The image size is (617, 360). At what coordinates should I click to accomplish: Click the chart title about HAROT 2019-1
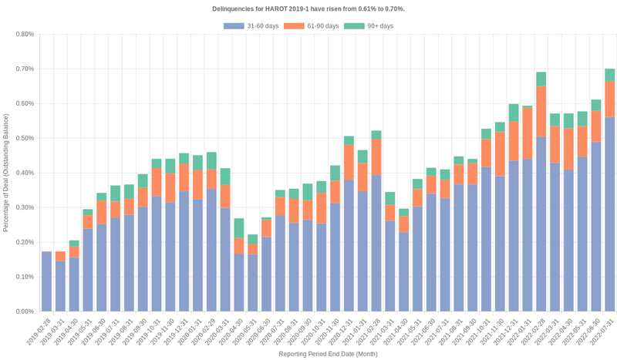pyautogui.click(x=308, y=8)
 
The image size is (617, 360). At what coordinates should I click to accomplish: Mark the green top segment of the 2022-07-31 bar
pyautogui.click(x=609, y=75)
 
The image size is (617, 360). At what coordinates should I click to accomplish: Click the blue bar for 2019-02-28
pyautogui.click(x=46, y=281)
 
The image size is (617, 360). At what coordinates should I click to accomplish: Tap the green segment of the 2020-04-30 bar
pyautogui.click(x=238, y=228)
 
